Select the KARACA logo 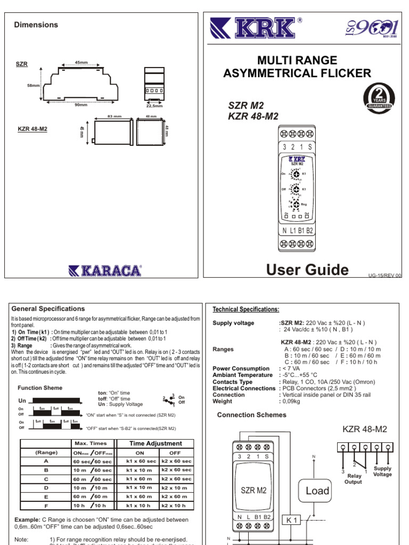(105, 270)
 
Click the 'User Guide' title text (307, 270)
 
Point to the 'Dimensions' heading (36, 24)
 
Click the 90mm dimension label (81, 105)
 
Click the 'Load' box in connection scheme (317, 491)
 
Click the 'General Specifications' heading (48, 309)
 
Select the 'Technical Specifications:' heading (246, 309)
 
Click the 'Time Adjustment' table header (152, 443)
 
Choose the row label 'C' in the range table (46, 479)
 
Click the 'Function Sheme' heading (40, 388)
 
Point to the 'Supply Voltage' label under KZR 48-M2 (382, 472)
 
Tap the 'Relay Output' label (354, 479)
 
